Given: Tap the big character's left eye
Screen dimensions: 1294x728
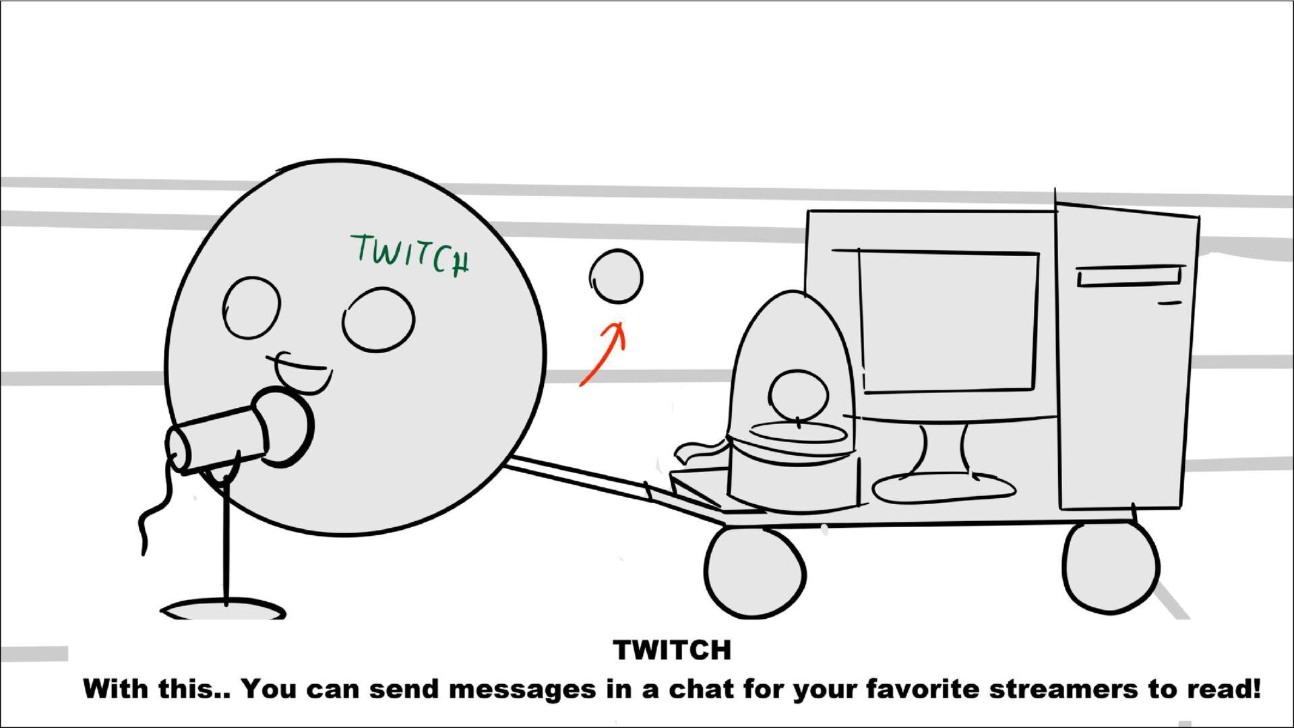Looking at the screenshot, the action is click(251, 307).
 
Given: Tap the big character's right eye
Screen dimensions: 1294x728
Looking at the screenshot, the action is click(378, 320).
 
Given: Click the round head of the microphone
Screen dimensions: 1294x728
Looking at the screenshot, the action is click(283, 426).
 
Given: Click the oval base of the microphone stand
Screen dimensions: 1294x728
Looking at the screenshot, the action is click(223, 609).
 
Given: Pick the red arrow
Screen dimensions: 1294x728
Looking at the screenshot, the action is click(602, 354).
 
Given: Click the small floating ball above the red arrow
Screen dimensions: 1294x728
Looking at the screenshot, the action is click(616, 276).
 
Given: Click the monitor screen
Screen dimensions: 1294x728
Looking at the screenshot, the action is click(948, 321).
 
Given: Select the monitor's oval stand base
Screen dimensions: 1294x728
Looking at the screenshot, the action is click(944, 487).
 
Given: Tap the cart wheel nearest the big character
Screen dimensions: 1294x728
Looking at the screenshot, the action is click(755, 572).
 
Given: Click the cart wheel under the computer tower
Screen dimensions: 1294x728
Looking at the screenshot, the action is click(1110, 568).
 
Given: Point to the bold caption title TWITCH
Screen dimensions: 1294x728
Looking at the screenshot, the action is click(672, 650).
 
